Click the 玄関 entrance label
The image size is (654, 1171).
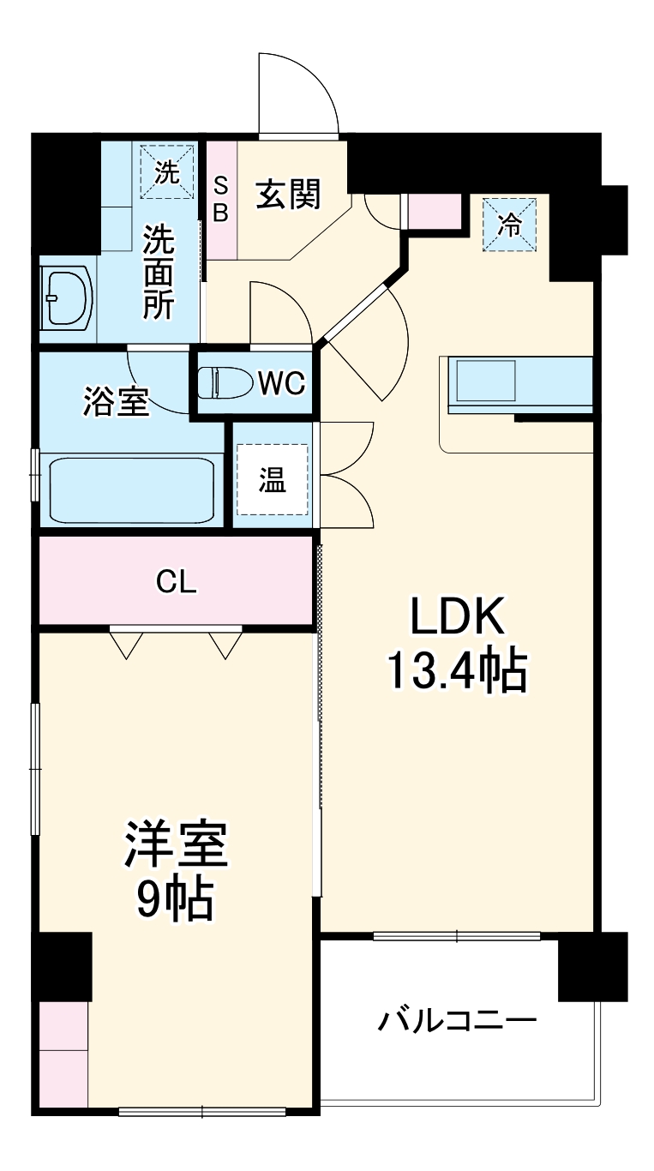tap(288, 195)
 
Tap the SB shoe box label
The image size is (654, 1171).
tap(220, 199)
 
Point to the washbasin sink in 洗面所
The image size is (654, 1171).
tap(67, 298)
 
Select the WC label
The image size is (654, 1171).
tap(282, 384)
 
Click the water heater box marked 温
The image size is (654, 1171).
tap(272, 481)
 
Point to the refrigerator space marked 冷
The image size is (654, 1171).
tap(509, 225)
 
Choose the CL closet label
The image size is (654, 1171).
tap(176, 583)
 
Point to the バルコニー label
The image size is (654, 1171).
tap(458, 1021)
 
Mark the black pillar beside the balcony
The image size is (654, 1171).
tap(592, 967)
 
